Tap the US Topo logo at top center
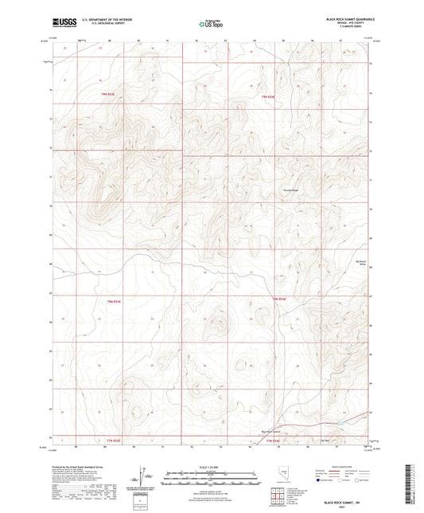point(211,24)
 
